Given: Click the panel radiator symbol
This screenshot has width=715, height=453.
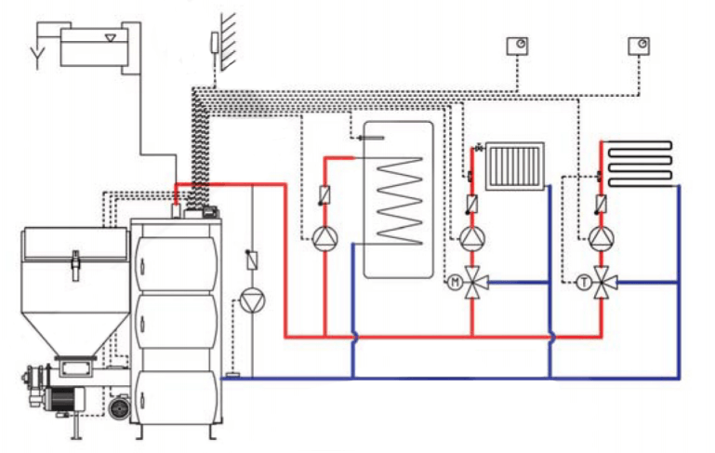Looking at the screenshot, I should [514, 165].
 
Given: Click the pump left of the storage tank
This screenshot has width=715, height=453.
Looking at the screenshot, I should [324, 238].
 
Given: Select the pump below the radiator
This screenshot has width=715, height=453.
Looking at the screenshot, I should [472, 238].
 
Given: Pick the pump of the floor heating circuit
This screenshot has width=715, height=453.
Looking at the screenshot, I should [601, 238].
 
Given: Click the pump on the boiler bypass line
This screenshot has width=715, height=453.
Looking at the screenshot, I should [252, 300].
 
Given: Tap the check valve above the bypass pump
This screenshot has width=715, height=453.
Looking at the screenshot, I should [252, 260].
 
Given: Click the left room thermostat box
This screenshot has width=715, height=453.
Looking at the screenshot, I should [516, 45].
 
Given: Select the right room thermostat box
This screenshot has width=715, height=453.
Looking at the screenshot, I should [639, 45].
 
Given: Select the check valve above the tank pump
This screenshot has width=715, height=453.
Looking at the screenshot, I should [324, 196].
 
